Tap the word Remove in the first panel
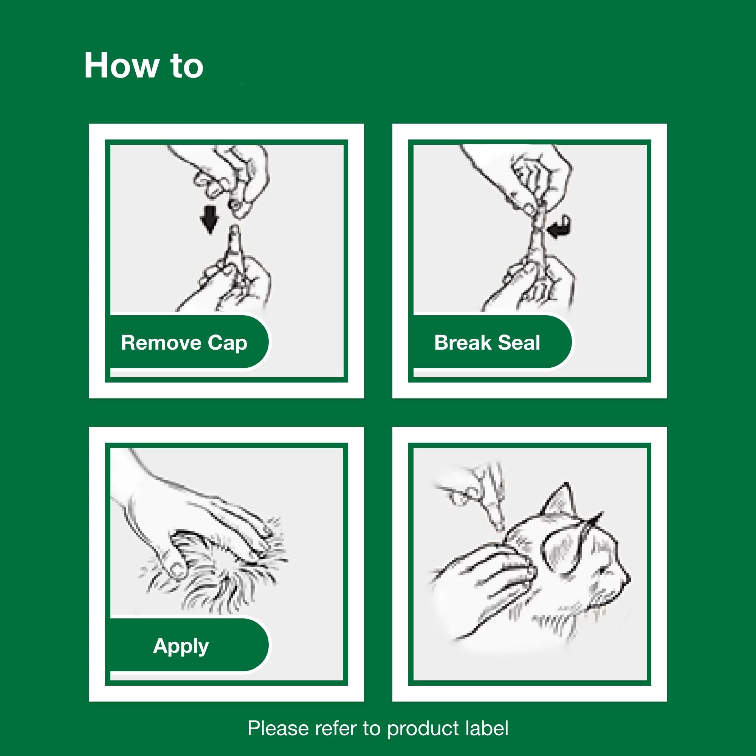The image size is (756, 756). point(161,343)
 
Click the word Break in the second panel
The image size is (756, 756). point(463,343)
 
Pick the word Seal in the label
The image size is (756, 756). point(519,343)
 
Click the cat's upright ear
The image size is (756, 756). point(559,500)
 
